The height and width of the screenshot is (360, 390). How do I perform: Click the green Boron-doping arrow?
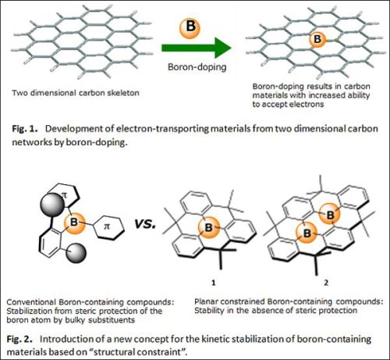197,48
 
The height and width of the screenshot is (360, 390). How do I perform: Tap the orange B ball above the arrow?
190,27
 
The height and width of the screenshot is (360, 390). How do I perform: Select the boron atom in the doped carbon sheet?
317,39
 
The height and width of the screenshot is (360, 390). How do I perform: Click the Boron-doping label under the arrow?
197,67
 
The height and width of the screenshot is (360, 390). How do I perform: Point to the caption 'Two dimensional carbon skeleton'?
76,93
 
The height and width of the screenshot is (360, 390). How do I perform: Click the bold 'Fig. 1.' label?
25,129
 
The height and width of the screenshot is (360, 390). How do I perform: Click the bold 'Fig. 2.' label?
19,339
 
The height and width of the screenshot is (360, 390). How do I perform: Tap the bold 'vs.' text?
145,223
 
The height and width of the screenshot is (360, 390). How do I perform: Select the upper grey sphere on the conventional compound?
52,205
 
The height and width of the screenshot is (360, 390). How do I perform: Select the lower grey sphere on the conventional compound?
76,253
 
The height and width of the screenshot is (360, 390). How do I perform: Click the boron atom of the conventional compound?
74,223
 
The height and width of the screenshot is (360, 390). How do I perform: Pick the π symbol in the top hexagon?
64,195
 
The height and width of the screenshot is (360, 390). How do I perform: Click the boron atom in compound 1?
209,227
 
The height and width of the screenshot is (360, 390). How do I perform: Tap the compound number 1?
214,283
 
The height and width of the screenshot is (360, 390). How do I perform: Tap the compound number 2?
326,283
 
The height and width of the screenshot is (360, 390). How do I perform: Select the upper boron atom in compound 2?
330,215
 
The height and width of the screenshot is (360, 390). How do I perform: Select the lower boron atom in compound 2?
307,233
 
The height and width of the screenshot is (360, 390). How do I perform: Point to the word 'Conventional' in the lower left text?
31,302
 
